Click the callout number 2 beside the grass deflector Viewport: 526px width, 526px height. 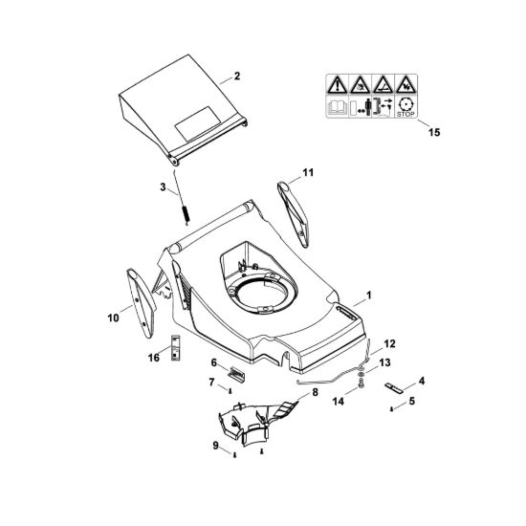[237, 77]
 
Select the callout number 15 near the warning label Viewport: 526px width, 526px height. [434, 132]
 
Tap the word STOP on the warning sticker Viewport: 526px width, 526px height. [405, 114]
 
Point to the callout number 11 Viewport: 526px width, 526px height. [308, 172]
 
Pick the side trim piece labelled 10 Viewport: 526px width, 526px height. [141, 302]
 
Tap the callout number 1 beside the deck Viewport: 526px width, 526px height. [368, 296]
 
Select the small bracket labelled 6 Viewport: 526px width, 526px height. [236, 373]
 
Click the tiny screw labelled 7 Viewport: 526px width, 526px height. [230, 390]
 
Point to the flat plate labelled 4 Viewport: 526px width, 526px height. [395, 387]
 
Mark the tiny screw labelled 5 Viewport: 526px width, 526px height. [391, 409]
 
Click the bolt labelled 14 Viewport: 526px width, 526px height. [361, 384]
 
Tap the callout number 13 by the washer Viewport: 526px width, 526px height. [384, 362]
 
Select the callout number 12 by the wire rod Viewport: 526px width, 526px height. [389, 344]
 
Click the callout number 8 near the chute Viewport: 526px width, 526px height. [315, 392]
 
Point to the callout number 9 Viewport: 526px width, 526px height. [216, 446]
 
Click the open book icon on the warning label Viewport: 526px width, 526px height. [337, 108]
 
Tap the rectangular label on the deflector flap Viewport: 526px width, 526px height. [198, 123]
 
